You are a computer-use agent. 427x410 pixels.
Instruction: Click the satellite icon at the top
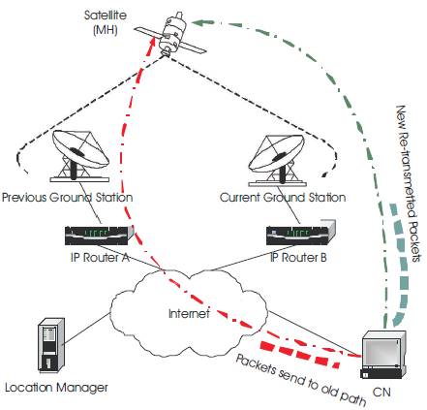tap(170, 34)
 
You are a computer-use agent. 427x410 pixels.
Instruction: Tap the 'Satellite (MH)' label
tap(106, 22)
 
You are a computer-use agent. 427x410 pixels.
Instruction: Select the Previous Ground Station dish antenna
tap(79, 156)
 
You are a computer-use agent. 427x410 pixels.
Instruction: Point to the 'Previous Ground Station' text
tap(67, 197)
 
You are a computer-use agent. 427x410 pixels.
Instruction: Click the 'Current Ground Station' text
tap(283, 197)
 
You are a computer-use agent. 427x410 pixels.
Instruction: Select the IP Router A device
tap(99, 236)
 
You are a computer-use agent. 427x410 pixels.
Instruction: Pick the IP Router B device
tap(301, 233)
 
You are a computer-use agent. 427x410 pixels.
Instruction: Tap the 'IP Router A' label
tap(100, 258)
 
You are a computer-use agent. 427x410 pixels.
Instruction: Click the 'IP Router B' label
tap(298, 258)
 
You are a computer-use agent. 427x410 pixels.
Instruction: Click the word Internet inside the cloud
tap(189, 313)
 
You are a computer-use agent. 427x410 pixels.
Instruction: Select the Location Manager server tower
tap(51, 345)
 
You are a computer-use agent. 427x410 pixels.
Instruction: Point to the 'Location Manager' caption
tap(56, 387)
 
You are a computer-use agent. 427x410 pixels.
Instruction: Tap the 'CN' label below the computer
tap(381, 392)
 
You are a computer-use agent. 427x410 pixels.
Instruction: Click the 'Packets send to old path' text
tap(301, 380)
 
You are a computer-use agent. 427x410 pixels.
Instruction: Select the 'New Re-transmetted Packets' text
tap(408, 183)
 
